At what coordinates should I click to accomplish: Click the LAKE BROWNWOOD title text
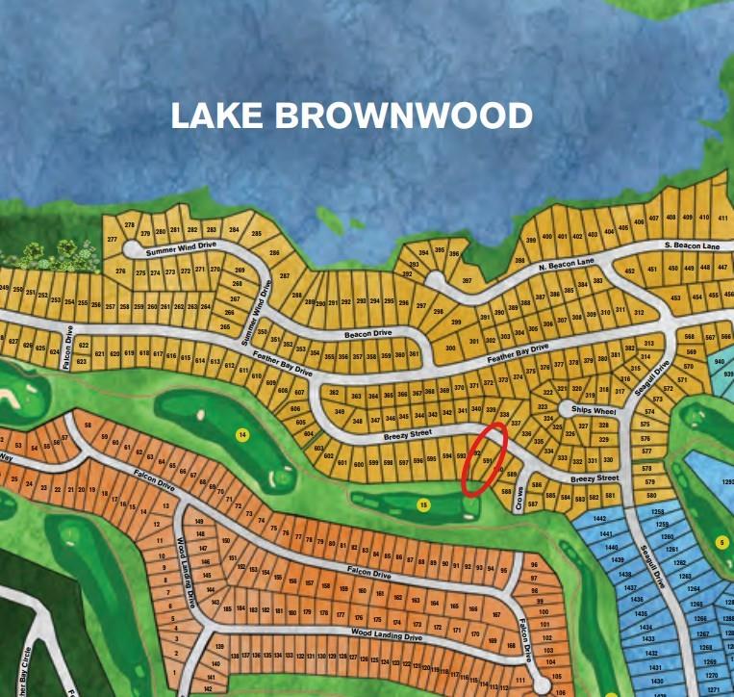tap(351, 116)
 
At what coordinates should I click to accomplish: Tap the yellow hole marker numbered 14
tap(242, 435)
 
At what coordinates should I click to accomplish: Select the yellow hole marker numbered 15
tap(422, 503)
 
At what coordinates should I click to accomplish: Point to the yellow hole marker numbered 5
tap(721, 542)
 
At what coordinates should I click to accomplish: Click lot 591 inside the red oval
tap(487, 461)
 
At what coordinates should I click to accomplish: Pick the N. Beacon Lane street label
tap(567, 264)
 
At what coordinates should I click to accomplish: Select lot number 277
tap(112, 239)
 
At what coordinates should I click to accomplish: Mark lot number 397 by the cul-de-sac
tap(467, 281)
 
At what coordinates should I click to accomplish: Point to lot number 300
tap(450, 348)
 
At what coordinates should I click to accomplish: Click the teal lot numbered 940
tap(719, 362)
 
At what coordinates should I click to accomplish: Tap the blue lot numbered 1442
tap(604, 519)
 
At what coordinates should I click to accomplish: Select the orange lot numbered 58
tap(88, 425)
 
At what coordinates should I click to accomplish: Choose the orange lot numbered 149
tap(199, 521)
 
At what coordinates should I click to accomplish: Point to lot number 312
tap(639, 312)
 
